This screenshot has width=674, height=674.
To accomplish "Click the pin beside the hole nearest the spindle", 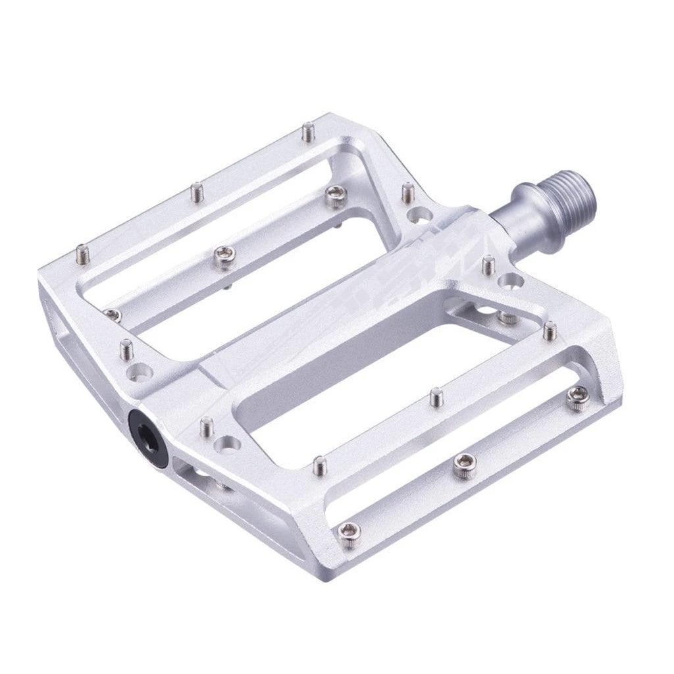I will pyautogui.click(x=488, y=265).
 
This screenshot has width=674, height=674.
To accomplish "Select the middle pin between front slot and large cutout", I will pyautogui.click(x=435, y=397).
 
